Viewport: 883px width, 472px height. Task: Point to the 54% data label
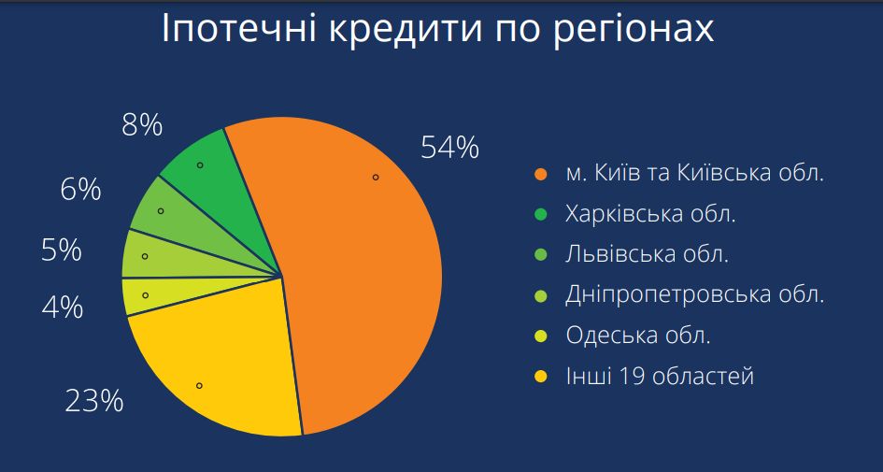[450, 148]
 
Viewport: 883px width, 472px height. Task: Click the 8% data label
[142, 125]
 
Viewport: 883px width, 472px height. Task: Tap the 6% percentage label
[80, 190]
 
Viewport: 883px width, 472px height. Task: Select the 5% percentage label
[62, 250]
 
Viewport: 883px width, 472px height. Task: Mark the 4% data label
[62, 308]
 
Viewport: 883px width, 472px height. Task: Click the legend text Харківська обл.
[650, 214]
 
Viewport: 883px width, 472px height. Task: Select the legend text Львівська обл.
[647, 254]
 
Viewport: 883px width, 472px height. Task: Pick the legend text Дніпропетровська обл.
[695, 295]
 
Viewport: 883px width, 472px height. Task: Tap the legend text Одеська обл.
[638, 336]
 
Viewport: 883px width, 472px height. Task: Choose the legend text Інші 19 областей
[660, 376]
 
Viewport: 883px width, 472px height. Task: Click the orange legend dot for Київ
[541, 174]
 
